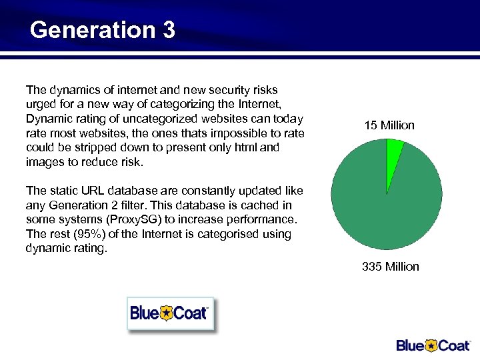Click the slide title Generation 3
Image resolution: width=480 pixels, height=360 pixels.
click(x=103, y=30)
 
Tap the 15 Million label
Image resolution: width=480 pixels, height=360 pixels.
click(x=389, y=125)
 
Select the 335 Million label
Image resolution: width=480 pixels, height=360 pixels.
click(x=390, y=267)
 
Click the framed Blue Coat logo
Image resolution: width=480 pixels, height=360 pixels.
click(x=170, y=313)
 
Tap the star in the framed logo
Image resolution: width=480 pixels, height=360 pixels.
click(x=166, y=313)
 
